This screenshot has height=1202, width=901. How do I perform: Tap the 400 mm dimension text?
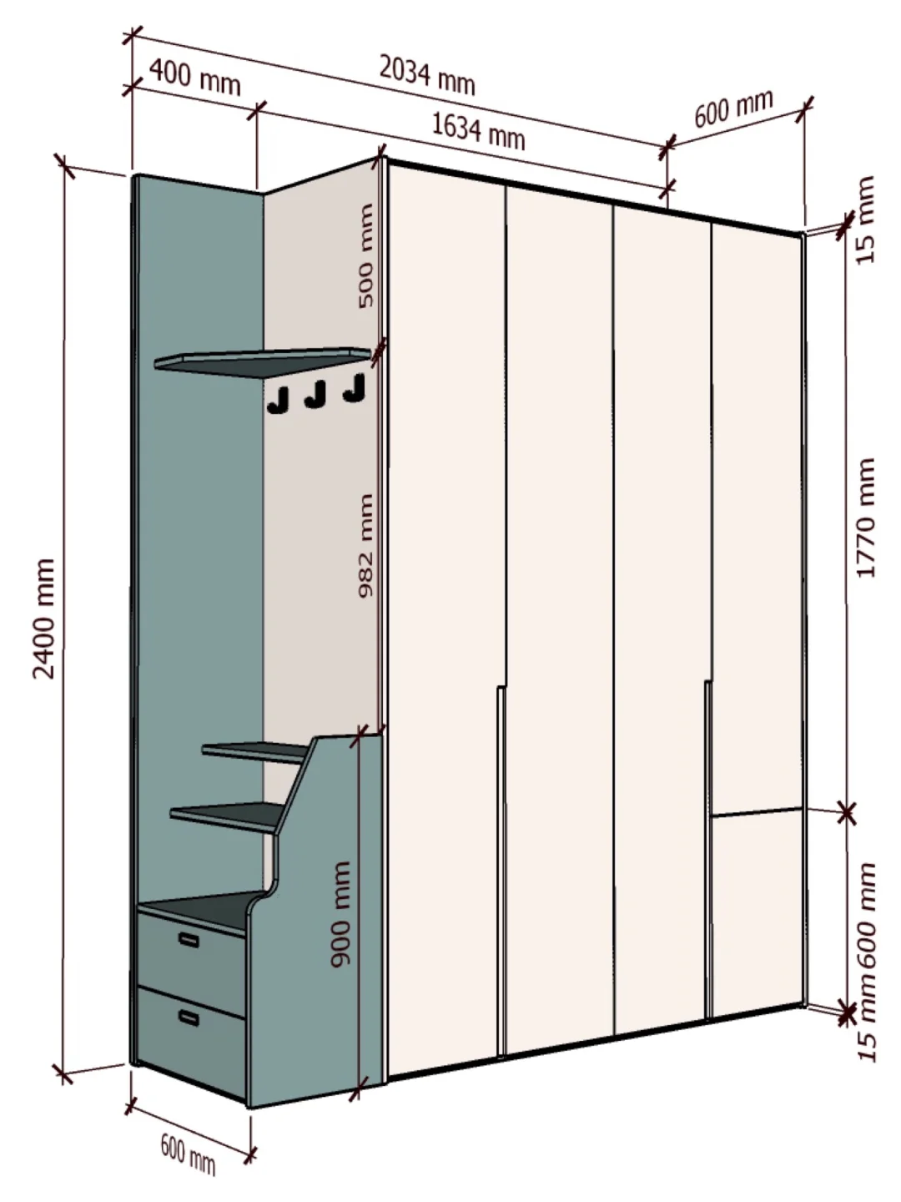point(195,78)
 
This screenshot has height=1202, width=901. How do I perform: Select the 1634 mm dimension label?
point(478,130)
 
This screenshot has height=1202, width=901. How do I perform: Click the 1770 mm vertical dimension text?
point(865,518)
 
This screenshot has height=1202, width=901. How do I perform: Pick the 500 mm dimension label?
point(365,255)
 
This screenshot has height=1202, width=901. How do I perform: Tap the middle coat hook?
point(315,395)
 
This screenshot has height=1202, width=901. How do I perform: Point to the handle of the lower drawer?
point(189,1018)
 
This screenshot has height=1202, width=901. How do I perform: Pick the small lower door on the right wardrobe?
point(755,910)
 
